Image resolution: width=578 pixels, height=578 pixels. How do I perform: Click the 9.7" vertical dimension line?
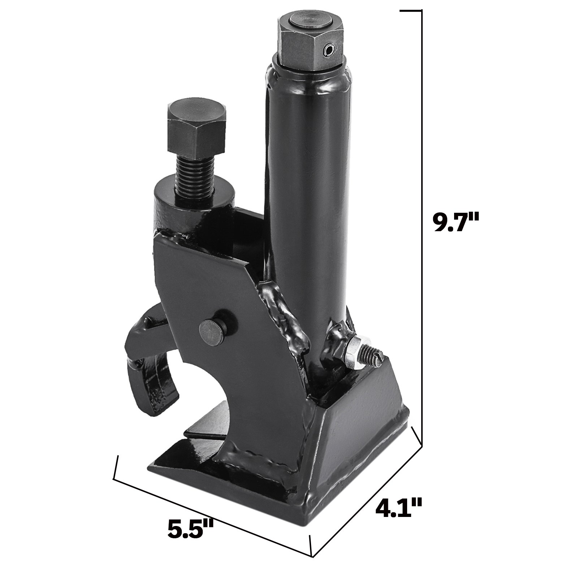click(421, 217)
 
